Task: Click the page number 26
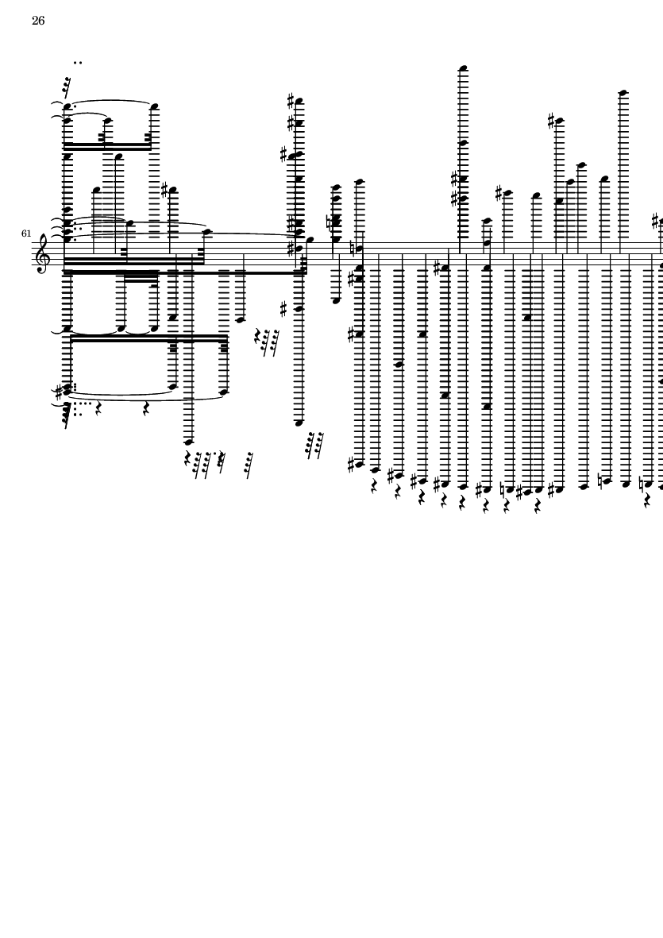coord(38,21)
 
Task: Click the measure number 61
coord(27,234)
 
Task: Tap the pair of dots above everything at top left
coord(78,62)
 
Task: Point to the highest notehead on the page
coord(463,68)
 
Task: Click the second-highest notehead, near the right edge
coord(623,93)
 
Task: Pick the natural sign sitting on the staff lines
coord(353,248)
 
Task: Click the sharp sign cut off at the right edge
coord(656,220)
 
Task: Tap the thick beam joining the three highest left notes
coord(107,147)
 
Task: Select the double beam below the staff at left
coord(148,338)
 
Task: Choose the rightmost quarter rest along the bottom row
coord(648,501)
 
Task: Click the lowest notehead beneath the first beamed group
coord(189,442)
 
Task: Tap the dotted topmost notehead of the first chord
coord(67,106)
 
